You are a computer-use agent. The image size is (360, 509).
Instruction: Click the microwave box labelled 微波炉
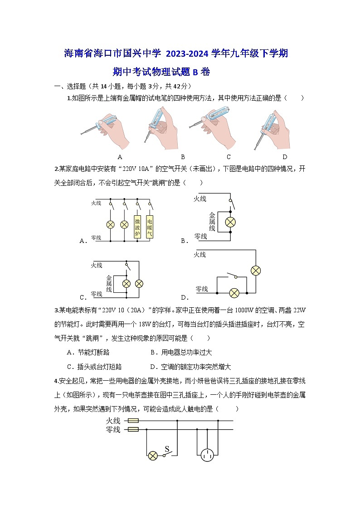(x=137, y=226)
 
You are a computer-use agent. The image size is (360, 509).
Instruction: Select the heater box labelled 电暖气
(x=150, y=226)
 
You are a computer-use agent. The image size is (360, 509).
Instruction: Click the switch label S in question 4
(x=166, y=449)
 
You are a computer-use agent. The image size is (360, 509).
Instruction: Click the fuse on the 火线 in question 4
(x=133, y=421)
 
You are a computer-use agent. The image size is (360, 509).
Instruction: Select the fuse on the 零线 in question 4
(x=133, y=429)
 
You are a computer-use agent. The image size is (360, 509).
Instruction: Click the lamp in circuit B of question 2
(x=231, y=222)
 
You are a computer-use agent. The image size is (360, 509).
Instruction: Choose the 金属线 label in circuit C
(x=109, y=283)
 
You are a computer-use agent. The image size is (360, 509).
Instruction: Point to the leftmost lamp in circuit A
(x=110, y=224)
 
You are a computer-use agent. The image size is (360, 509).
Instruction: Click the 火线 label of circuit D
(x=199, y=255)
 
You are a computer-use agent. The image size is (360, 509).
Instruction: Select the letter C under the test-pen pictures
(x=229, y=157)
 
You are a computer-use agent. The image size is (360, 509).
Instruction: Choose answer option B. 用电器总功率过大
(x=181, y=352)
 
